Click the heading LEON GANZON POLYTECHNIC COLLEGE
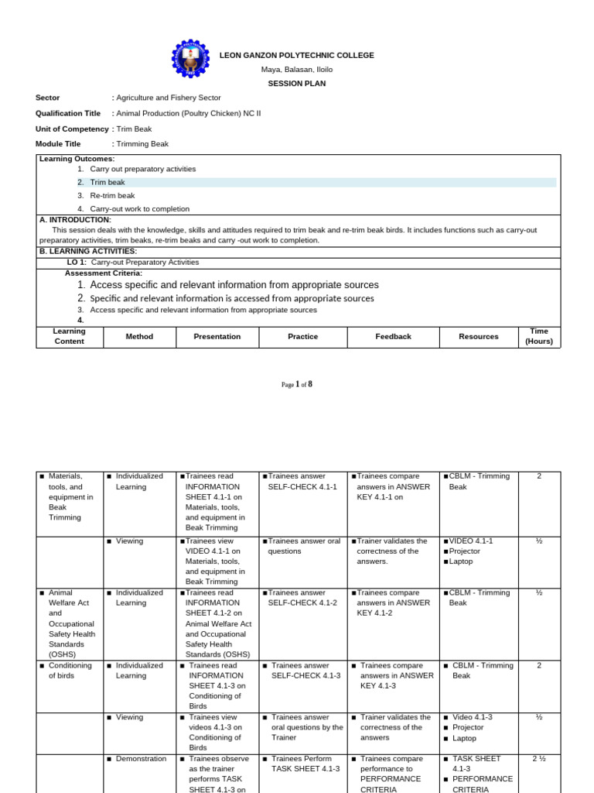coord(297,55)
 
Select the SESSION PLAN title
coord(297,84)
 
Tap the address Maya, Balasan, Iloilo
coord(297,70)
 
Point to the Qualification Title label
coord(68,113)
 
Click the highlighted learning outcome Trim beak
coord(108,182)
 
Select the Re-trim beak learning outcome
coord(112,195)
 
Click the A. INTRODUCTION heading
coord(75,220)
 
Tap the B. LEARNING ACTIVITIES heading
coord(88,251)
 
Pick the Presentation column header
coord(217,337)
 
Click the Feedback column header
coord(393,337)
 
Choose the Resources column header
coord(479,337)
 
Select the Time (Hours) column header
coord(539,336)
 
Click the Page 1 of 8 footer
coord(297,384)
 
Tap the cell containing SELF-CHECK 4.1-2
coord(302,598)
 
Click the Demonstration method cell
coord(141,759)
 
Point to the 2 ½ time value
coord(539,759)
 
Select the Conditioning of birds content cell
coord(70,671)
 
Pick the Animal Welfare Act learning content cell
coord(70,623)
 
